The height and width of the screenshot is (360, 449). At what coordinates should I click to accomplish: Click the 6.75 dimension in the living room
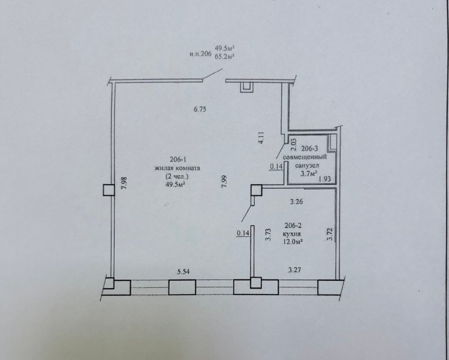click(200, 109)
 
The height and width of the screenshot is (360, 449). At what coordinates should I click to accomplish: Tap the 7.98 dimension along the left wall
click(125, 183)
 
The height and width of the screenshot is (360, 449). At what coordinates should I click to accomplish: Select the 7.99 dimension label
click(224, 181)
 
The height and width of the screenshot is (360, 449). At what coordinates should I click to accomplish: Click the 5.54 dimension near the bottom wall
click(184, 271)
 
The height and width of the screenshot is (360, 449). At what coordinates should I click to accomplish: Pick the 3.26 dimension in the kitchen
click(296, 202)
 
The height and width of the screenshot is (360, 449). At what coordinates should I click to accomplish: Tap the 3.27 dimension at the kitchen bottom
click(294, 270)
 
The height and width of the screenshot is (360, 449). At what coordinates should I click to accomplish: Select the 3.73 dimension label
click(269, 235)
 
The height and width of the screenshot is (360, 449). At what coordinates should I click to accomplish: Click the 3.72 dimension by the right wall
click(330, 234)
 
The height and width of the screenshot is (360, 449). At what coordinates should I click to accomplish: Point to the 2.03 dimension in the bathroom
click(294, 145)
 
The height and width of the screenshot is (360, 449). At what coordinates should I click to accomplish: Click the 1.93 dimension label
click(325, 179)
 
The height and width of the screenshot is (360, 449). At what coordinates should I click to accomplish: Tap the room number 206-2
click(294, 225)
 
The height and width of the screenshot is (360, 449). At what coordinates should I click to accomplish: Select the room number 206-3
click(310, 148)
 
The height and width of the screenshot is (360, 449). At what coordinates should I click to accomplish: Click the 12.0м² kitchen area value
click(293, 242)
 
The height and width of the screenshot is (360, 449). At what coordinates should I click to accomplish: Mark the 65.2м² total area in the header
click(225, 56)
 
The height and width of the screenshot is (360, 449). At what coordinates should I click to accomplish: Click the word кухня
click(293, 233)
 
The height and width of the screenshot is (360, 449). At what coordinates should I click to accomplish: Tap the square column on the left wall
click(109, 190)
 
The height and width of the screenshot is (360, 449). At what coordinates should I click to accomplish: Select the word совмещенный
click(305, 157)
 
